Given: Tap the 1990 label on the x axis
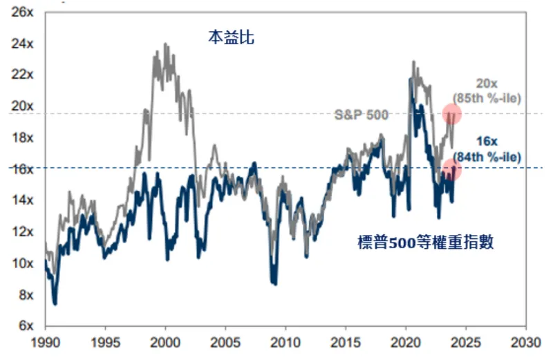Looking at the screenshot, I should coord(44,342).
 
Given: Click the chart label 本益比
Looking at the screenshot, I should coord(231,37).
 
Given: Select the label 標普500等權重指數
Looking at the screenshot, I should coord(425,243).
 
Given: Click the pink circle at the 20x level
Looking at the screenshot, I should coord(451,113).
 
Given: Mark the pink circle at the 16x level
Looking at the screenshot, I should coord(451,169).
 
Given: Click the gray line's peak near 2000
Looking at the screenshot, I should coord(165,44).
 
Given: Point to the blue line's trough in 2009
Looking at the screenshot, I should coord(275,283).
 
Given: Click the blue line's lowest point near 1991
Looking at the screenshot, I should coord(55,303).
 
